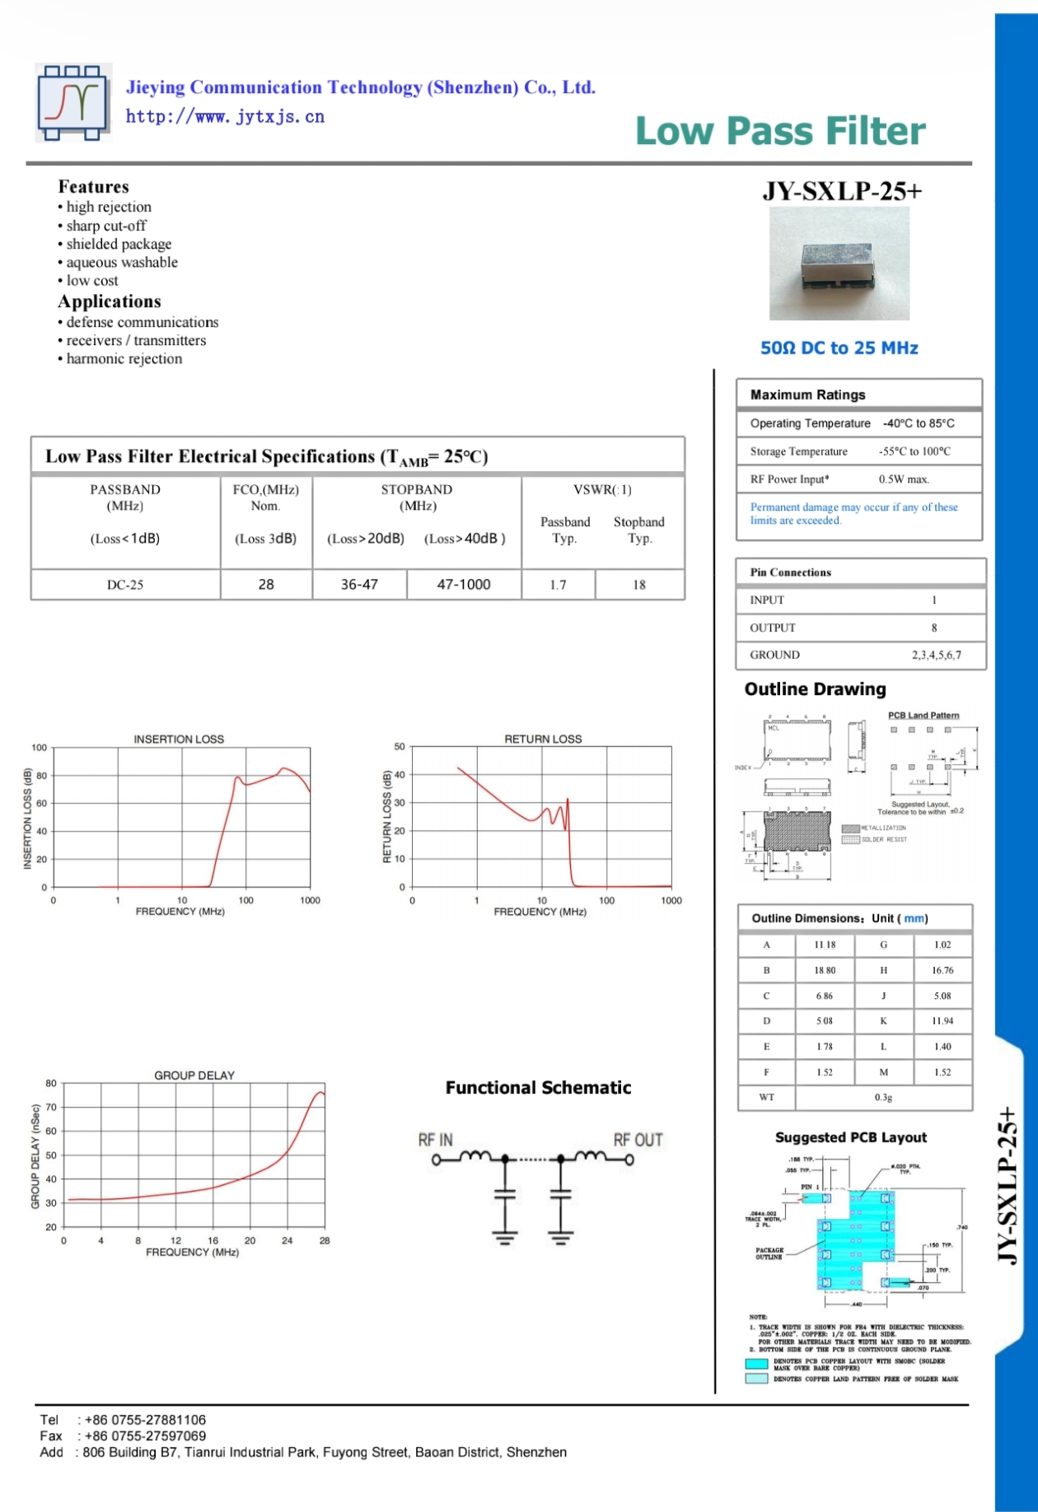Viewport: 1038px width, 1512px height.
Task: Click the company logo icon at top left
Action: click(72, 103)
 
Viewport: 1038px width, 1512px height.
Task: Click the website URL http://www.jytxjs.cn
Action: click(225, 117)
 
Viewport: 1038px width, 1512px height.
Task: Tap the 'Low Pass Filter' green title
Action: click(780, 131)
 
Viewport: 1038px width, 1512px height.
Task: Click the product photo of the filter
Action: click(839, 264)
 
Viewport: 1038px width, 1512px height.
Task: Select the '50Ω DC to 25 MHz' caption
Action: click(839, 348)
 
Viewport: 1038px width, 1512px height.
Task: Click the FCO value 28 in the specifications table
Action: click(265, 585)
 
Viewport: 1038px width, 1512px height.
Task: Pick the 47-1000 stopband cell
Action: click(463, 585)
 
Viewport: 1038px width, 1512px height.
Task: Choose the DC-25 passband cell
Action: click(125, 585)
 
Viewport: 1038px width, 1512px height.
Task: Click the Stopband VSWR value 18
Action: click(639, 585)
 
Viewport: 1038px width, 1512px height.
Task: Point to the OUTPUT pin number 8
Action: click(934, 628)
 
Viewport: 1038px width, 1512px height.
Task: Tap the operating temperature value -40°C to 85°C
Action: click(919, 423)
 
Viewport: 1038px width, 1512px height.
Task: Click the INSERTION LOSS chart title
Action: click(179, 740)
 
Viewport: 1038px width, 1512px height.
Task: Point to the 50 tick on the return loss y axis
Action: click(400, 747)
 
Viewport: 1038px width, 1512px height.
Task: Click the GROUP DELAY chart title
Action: click(194, 1076)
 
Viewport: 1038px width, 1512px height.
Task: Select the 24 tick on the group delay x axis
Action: click(287, 1240)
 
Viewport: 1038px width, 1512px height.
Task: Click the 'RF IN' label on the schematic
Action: click(435, 1140)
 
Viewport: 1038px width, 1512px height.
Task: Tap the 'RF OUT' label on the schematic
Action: click(638, 1140)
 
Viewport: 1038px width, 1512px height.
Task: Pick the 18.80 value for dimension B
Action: click(825, 971)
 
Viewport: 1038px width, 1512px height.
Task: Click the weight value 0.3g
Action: click(883, 1098)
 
